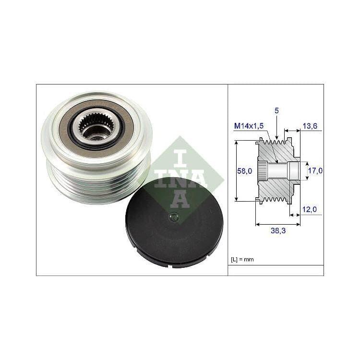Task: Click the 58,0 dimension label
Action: pyautogui.click(x=244, y=171)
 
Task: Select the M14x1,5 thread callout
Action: pyautogui.click(x=249, y=126)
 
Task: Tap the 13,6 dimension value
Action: pyautogui.click(x=310, y=126)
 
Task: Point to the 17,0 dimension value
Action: pyautogui.click(x=315, y=170)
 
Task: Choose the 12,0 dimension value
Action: pyautogui.click(x=309, y=209)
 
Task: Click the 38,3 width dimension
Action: pyautogui.click(x=278, y=230)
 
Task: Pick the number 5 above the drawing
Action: pyautogui.click(x=276, y=111)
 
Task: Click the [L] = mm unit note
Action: pyautogui.click(x=242, y=259)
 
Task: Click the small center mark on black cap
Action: pyautogui.click(x=173, y=216)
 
